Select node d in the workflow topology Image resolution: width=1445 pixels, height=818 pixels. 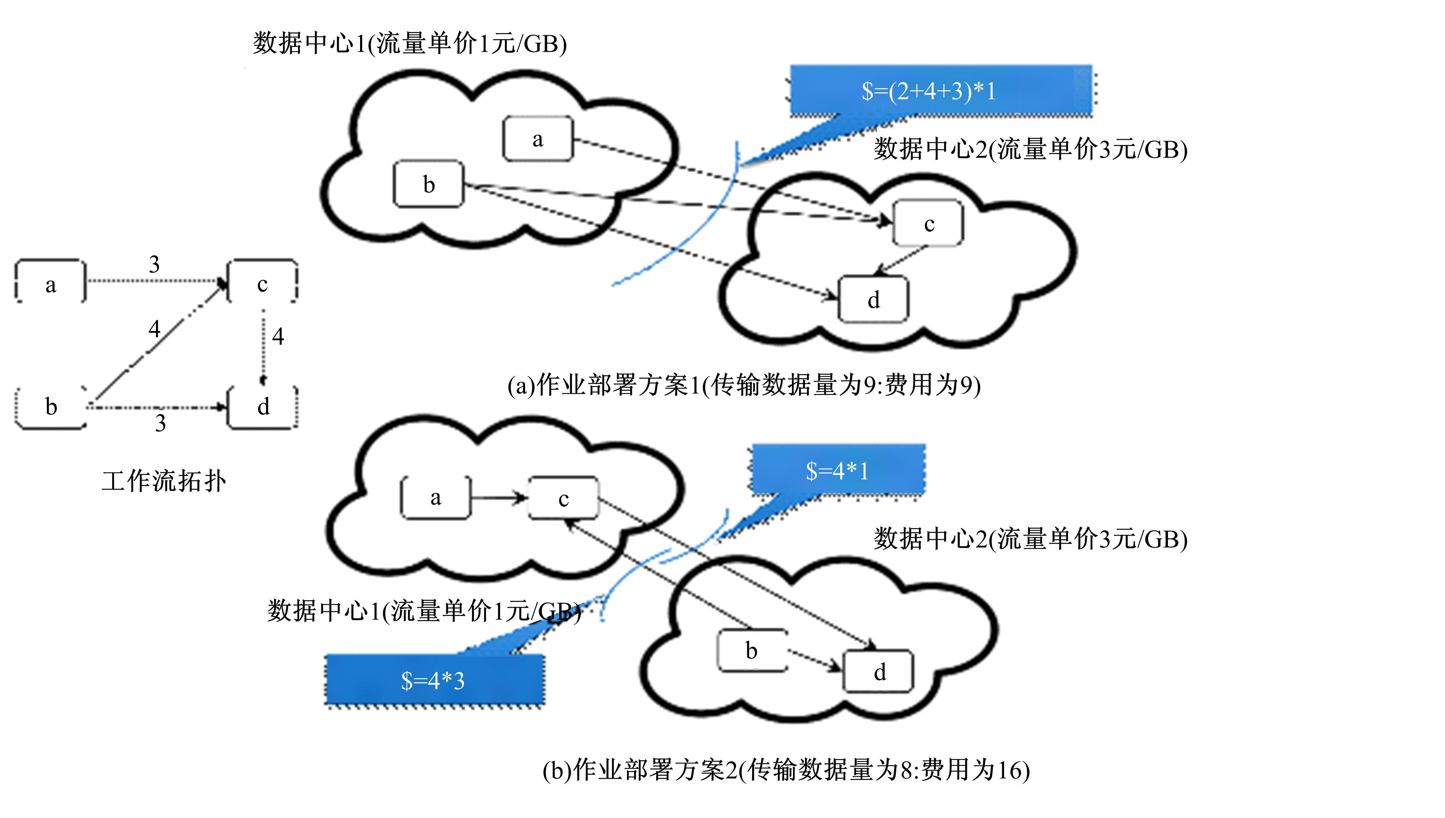click(263, 407)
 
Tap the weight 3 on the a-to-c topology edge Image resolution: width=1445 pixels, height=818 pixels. click(154, 264)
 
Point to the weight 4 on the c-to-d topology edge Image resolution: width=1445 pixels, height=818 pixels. click(278, 337)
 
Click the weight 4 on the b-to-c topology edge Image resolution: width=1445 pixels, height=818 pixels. click(154, 329)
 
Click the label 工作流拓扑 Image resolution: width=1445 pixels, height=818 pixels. click(164, 481)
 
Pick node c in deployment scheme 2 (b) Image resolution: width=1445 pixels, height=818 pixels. click(564, 498)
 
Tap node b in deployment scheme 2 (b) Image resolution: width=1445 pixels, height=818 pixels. click(752, 651)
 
